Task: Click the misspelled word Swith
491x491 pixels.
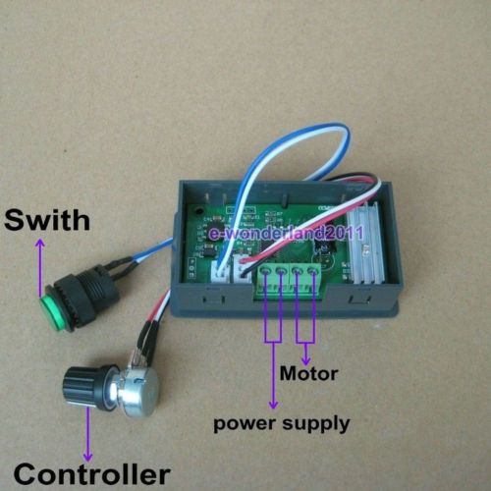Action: click(x=47, y=220)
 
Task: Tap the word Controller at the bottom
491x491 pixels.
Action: click(x=92, y=473)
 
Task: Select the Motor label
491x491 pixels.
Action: click(x=308, y=373)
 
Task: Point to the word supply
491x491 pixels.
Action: click(x=316, y=424)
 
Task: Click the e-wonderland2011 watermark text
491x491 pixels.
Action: click(x=286, y=234)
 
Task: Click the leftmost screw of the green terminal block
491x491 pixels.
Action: click(x=265, y=271)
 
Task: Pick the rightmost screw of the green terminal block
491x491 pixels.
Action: click(x=313, y=271)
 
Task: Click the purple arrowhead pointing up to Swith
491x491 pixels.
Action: click(x=40, y=243)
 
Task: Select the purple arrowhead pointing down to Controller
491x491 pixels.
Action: click(x=87, y=457)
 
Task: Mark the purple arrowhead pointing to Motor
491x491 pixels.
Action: click(x=305, y=360)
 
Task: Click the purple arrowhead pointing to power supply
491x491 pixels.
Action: click(x=273, y=405)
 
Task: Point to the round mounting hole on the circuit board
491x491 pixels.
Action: click(x=198, y=210)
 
